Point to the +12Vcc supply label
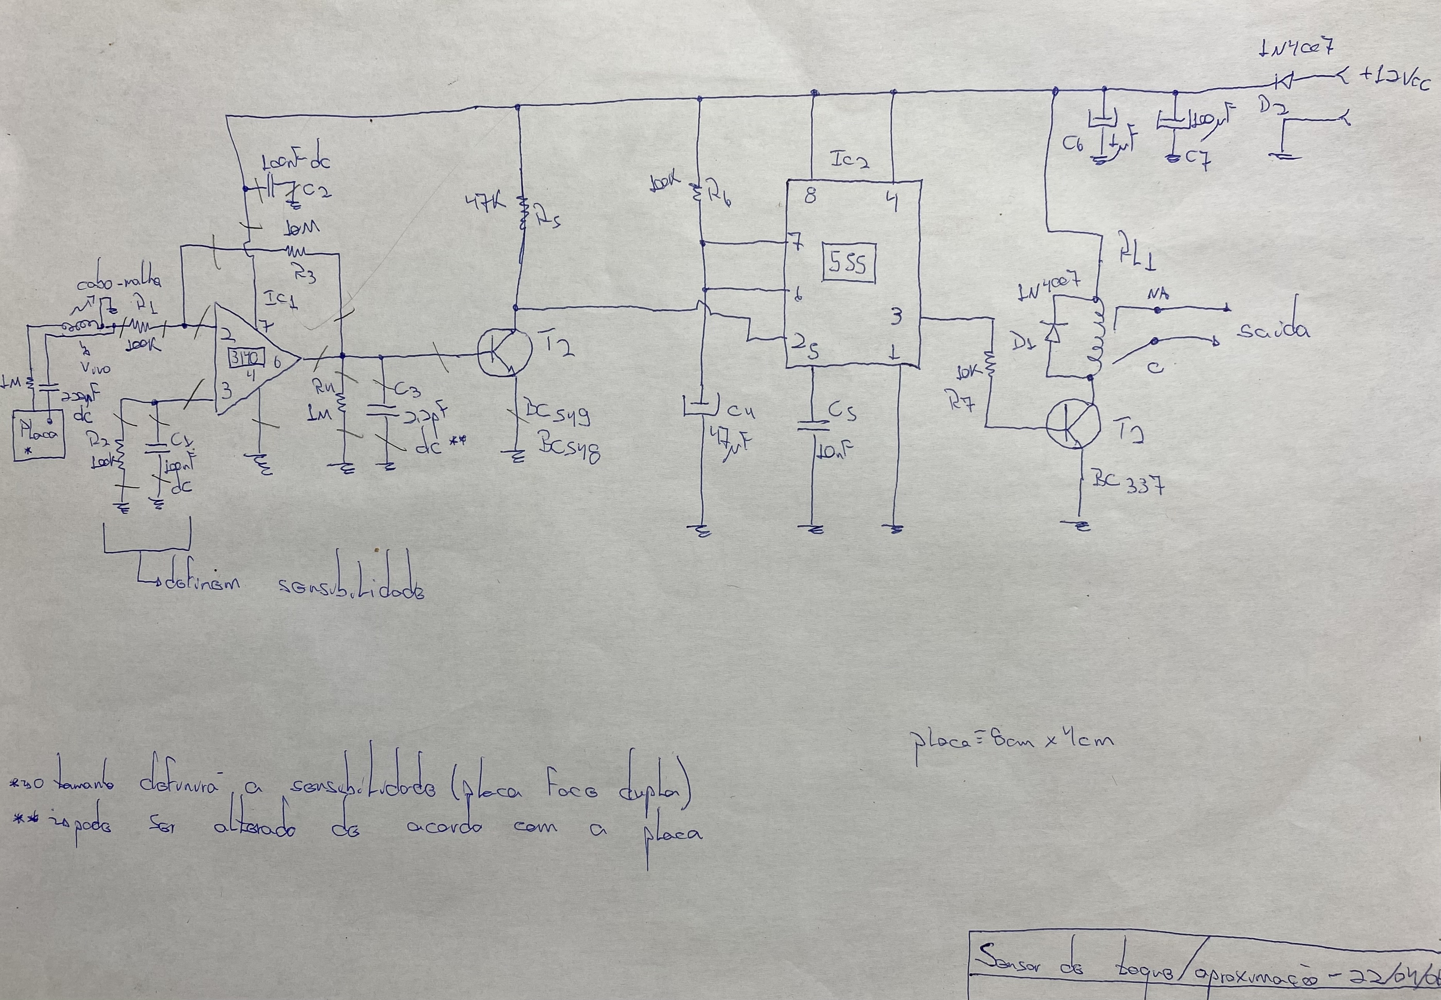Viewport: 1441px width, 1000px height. coord(1394,80)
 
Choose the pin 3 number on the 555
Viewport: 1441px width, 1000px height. coord(896,317)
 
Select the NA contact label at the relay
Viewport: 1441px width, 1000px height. coord(1157,295)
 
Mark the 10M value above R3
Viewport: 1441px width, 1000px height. coord(302,227)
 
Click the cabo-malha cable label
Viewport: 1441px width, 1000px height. coord(119,282)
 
